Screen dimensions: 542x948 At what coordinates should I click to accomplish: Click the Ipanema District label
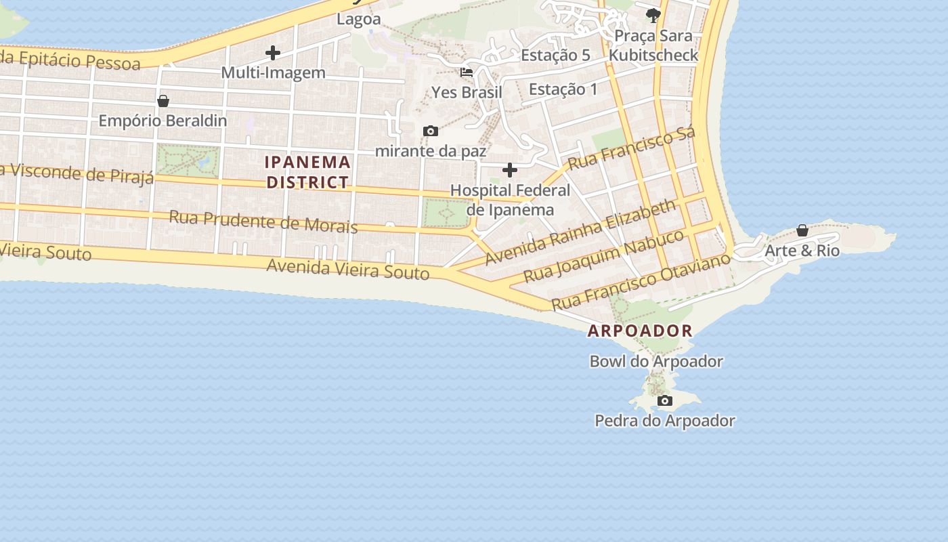pyautogui.click(x=308, y=172)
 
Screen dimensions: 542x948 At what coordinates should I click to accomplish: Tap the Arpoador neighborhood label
pyautogui.click(x=640, y=331)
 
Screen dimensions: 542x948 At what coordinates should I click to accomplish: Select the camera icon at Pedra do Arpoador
pyautogui.click(x=665, y=400)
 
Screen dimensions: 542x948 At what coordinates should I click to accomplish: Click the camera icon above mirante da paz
pyautogui.click(x=430, y=131)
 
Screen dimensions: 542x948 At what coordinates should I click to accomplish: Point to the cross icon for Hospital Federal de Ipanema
pyautogui.click(x=510, y=169)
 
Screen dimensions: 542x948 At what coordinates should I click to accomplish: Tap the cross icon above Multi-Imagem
pyautogui.click(x=273, y=52)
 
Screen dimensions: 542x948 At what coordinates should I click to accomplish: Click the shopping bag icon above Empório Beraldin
pyautogui.click(x=163, y=101)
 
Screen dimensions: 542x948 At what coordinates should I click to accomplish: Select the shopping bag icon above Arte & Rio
pyautogui.click(x=802, y=230)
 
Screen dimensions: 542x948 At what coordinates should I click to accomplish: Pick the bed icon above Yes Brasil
pyautogui.click(x=466, y=72)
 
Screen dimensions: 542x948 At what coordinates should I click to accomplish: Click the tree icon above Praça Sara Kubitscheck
pyautogui.click(x=653, y=15)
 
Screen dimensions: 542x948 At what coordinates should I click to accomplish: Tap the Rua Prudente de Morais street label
pyautogui.click(x=263, y=221)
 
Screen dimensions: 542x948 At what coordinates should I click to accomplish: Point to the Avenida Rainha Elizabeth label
pyautogui.click(x=581, y=232)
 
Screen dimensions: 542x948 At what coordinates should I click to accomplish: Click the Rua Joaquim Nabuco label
pyautogui.click(x=604, y=256)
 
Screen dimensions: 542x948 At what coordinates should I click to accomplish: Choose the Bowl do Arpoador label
pyautogui.click(x=656, y=361)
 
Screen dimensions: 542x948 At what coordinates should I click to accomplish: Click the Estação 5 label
pyautogui.click(x=555, y=56)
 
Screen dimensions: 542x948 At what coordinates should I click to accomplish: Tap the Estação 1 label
pyautogui.click(x=563, y=89)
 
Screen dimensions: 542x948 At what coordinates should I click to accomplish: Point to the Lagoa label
pyautogui.click(x=359, y=19)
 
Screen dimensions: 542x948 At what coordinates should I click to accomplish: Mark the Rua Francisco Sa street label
pyautogui.click(x=631, y=148)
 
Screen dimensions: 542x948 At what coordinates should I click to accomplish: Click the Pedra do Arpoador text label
pyautogui.click(x=664, y=421)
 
